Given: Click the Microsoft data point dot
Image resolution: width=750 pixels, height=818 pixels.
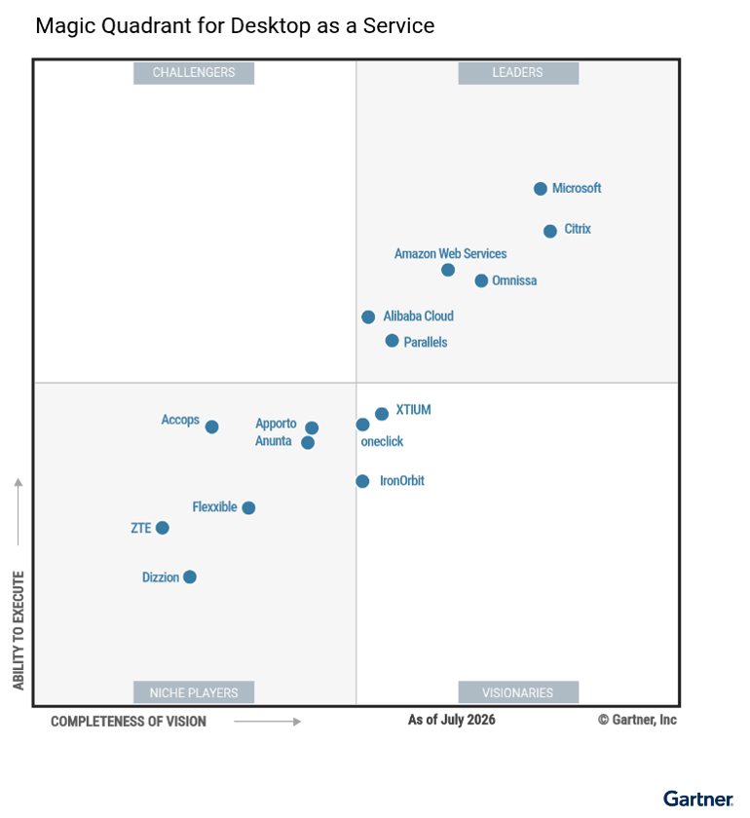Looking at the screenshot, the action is pyautogui.click(x=541, y=188).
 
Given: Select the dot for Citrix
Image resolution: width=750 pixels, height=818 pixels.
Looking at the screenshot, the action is pyautogui.click(x=550, y=231).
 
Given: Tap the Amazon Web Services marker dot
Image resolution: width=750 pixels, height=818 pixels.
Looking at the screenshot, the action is pyautogui.click(x=448, y=270).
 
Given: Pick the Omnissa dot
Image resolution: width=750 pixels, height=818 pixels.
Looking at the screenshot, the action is pyautogui.click(x=481, y=280).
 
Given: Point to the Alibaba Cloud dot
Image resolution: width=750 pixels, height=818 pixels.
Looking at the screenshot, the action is pyautogui.click(x=368, y=316).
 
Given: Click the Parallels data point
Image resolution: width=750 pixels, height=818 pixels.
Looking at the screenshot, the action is pyautogui.click(x=392, y=341).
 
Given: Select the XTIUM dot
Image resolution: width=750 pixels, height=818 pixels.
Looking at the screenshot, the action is pyautogui.click(x=382, y=414).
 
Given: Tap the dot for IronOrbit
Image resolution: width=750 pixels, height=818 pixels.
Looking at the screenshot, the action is pyautogui.click(x=362, y=481).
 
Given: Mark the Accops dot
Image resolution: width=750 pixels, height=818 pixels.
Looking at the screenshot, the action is pyautogui.click(x=211, y=427).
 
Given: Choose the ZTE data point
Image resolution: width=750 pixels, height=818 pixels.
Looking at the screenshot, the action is pyautogui.click(x=163, y=528).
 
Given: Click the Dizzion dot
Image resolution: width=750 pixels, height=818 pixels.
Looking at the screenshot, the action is pyautogui.click(x=190, y=576).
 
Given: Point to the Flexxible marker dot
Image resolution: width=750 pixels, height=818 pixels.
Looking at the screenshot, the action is pyautogui.click(x=248, y=507).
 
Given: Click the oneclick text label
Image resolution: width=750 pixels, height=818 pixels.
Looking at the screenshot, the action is pyautogui.click(x=382, y=441).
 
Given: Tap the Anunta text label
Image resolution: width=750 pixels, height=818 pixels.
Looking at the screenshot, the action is pyautogui.click(x=273, y=441).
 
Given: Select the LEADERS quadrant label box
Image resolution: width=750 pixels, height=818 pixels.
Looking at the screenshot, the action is pyautogui.click(x=518, y=73).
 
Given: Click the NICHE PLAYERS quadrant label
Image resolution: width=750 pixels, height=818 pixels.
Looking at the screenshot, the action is pyautogui.click(x=194, y=692).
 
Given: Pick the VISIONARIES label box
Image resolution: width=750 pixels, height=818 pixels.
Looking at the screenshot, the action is pyautogui.click(x=518, y=692).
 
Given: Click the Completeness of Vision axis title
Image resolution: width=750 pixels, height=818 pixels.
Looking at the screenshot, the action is pyautogui.click(x=129, y=722).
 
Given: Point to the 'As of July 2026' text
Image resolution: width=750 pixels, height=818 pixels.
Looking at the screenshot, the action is pyautogui.click(x=452, y=720).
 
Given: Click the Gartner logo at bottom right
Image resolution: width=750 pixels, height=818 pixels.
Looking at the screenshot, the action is pyautogui.click(x=698, y=799).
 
